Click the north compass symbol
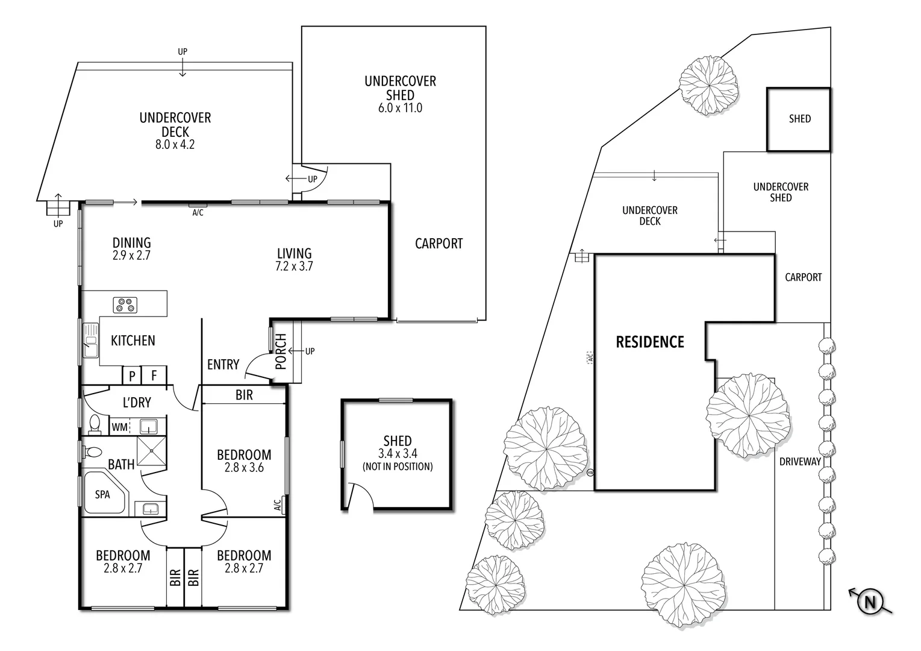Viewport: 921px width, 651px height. [869, 602]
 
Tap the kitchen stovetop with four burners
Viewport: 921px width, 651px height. [126, 305]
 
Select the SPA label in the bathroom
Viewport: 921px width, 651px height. [102, 494]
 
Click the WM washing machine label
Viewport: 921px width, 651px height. [119, 427]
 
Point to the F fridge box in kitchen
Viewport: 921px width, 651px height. [154, 376]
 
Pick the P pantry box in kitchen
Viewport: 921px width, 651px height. [132, 376]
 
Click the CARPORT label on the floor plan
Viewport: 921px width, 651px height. [439, 244]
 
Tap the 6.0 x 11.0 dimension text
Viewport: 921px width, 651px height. [400, 108]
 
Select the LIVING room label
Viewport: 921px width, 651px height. [294, 254]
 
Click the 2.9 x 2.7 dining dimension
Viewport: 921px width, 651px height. [131, 256]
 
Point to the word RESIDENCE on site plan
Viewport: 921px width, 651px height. [650, 342]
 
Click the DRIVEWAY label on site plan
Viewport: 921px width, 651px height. [800, 462]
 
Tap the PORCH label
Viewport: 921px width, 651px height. [281, 352]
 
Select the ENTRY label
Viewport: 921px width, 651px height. [223, 364]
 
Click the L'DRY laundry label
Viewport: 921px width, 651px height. [137, 402]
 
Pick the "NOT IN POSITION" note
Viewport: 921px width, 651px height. [398, 467]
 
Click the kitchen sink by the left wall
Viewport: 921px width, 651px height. [91, 341]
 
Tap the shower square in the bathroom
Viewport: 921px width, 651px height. [152, 451]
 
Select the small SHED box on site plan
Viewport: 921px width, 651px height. [798, 119]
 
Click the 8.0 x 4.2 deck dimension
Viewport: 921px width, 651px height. [175, 145]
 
